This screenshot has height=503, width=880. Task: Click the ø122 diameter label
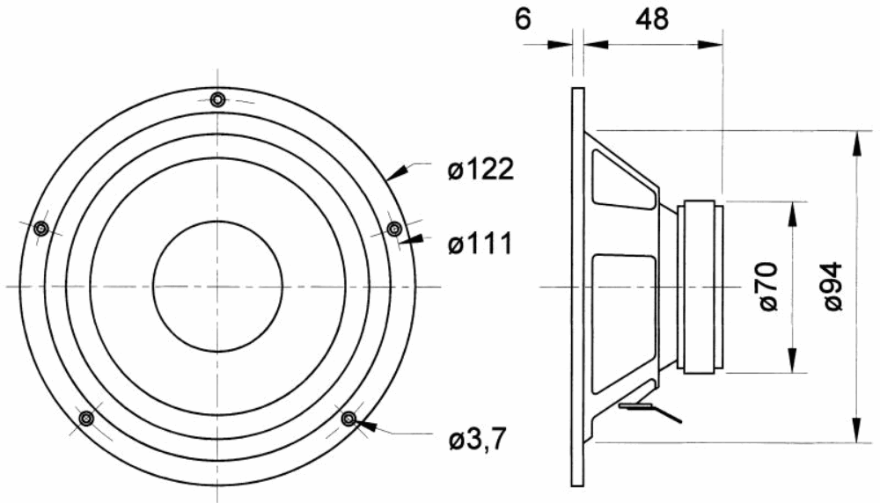pyautogui.click(x=480, y=169)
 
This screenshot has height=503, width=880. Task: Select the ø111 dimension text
pyautogui.click(x=480, y=244)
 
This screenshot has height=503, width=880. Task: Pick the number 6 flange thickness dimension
pyautogui.click(x=523, y=19)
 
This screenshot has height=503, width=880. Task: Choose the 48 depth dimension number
pyautogui.click(x=652, y=19)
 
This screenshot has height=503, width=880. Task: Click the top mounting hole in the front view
pyautogui.click(x=217, y=100)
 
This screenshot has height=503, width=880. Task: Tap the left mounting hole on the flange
pyautogui.click(x=41, y=229)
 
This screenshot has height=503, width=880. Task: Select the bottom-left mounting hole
pyautogui.click(x=86, y=419)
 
